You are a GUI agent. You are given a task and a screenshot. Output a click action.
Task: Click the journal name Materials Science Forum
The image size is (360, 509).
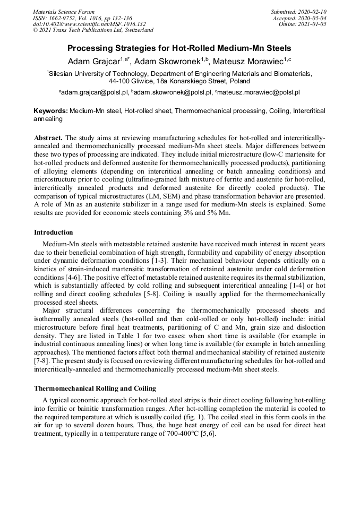(64, 12)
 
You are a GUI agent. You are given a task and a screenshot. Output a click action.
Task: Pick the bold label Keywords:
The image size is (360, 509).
(51, 111)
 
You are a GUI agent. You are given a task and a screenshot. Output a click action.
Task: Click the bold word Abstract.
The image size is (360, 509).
(48, 137)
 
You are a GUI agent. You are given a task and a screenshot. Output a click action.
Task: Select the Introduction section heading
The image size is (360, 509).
(54, 232)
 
